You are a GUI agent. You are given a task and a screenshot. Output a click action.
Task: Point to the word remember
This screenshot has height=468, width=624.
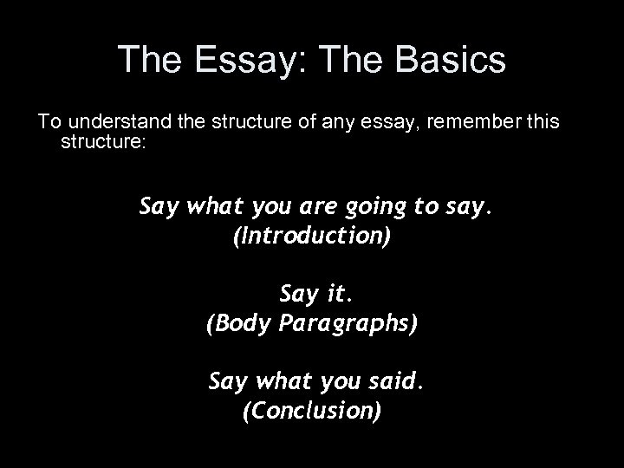(480, 123)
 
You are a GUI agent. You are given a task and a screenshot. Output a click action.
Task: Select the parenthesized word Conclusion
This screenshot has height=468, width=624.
(312, 409)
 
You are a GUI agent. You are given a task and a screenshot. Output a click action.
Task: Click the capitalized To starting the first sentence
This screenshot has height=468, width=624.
(44, 123)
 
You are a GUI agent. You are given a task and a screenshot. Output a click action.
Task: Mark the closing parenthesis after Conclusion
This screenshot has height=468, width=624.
(377, 409)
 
